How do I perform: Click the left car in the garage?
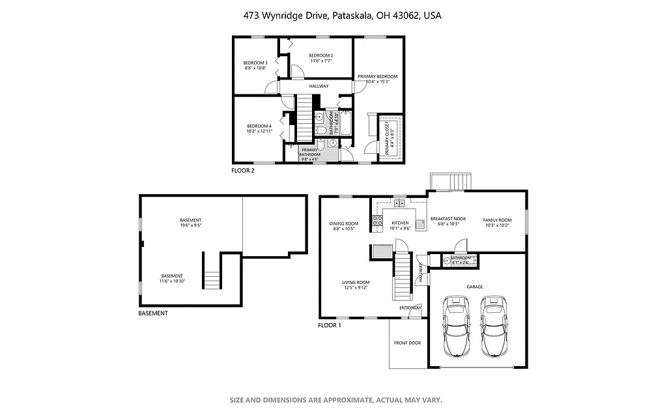pyautogui.click(x=456, y=325)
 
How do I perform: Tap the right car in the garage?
pyautogui.click(x=494, y=325)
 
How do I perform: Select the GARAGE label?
pyautogui.click(x=474, y=286)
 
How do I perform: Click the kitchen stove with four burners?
pyautogui.click(x=377, y=222)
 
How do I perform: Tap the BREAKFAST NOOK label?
pyautogui.click(x=447, y=220)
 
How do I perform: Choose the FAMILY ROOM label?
pyautogui.click(x=497, y=220)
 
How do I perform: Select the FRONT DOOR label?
pyautogui.click(x=407, y=343)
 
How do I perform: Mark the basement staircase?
pyautogui.click(x=212, y=278)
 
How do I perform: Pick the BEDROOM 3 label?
pyautogui.click(x=255, y=63)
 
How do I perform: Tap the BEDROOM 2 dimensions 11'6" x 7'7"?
pyautogui.click(x=320, y=61)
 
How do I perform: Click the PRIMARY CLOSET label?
pyautogui.click(x=387, y=138)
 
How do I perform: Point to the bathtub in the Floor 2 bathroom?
pyautogui.click(x=346, y=124)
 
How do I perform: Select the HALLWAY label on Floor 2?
pyautogui.click(x=319, y=86)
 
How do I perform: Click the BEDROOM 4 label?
pyautogui.click(x=259, y=126)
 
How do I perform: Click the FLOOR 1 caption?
pyautogui.click(x=329, y=325)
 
